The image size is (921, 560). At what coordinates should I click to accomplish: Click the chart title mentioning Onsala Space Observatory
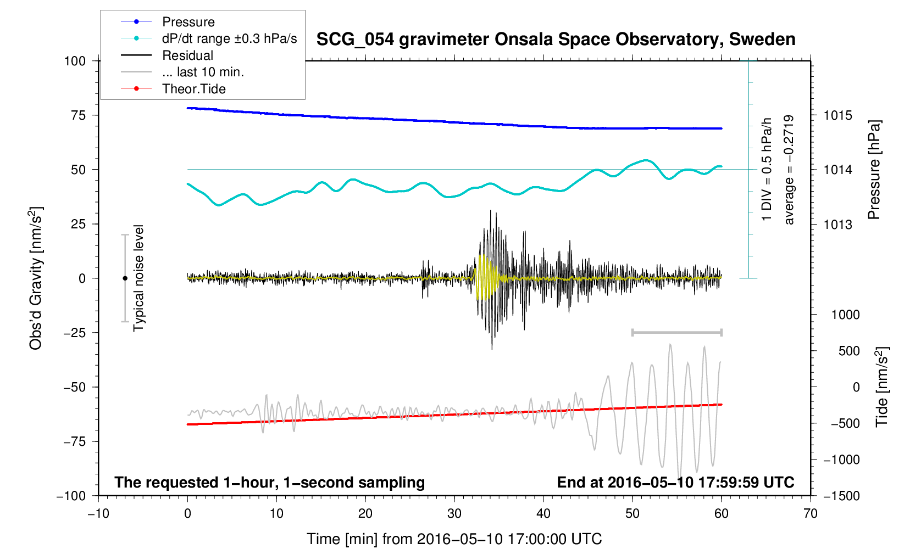tap(556, 40)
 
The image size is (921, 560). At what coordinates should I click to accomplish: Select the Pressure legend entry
tap(188, 22)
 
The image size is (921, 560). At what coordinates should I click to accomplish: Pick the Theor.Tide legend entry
tap(193, 89)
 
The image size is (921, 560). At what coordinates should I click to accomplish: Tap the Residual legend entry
tap(187, 55)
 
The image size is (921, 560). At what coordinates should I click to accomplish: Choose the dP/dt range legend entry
tap(229, 38)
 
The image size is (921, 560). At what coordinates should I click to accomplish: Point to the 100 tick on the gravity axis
tap(75, 61)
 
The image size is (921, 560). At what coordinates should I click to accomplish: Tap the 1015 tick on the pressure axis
tap(837, 115)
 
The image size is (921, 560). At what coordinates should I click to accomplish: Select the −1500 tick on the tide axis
tap(841, 496)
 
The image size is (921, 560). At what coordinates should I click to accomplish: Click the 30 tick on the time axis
tap(454, 513)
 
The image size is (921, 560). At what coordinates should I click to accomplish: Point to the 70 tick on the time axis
tap(810, 513)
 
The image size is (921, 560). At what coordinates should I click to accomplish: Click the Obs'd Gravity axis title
tap(36, 278)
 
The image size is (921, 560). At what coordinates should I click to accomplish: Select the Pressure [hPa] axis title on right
tap(874, 170)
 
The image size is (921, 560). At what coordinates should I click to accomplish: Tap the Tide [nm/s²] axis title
tap(882, 387)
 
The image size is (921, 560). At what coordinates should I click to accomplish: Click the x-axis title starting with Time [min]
tap(454, 539)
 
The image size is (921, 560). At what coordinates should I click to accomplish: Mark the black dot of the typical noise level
tap(125, 278)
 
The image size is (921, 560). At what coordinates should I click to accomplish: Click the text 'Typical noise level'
tap(138, 278)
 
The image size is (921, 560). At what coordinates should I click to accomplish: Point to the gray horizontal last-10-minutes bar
tap(676, 332)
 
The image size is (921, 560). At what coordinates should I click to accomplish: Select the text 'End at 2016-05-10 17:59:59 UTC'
tap(675, 483)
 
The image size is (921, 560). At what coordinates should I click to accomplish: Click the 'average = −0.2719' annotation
tap(789, 170)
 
